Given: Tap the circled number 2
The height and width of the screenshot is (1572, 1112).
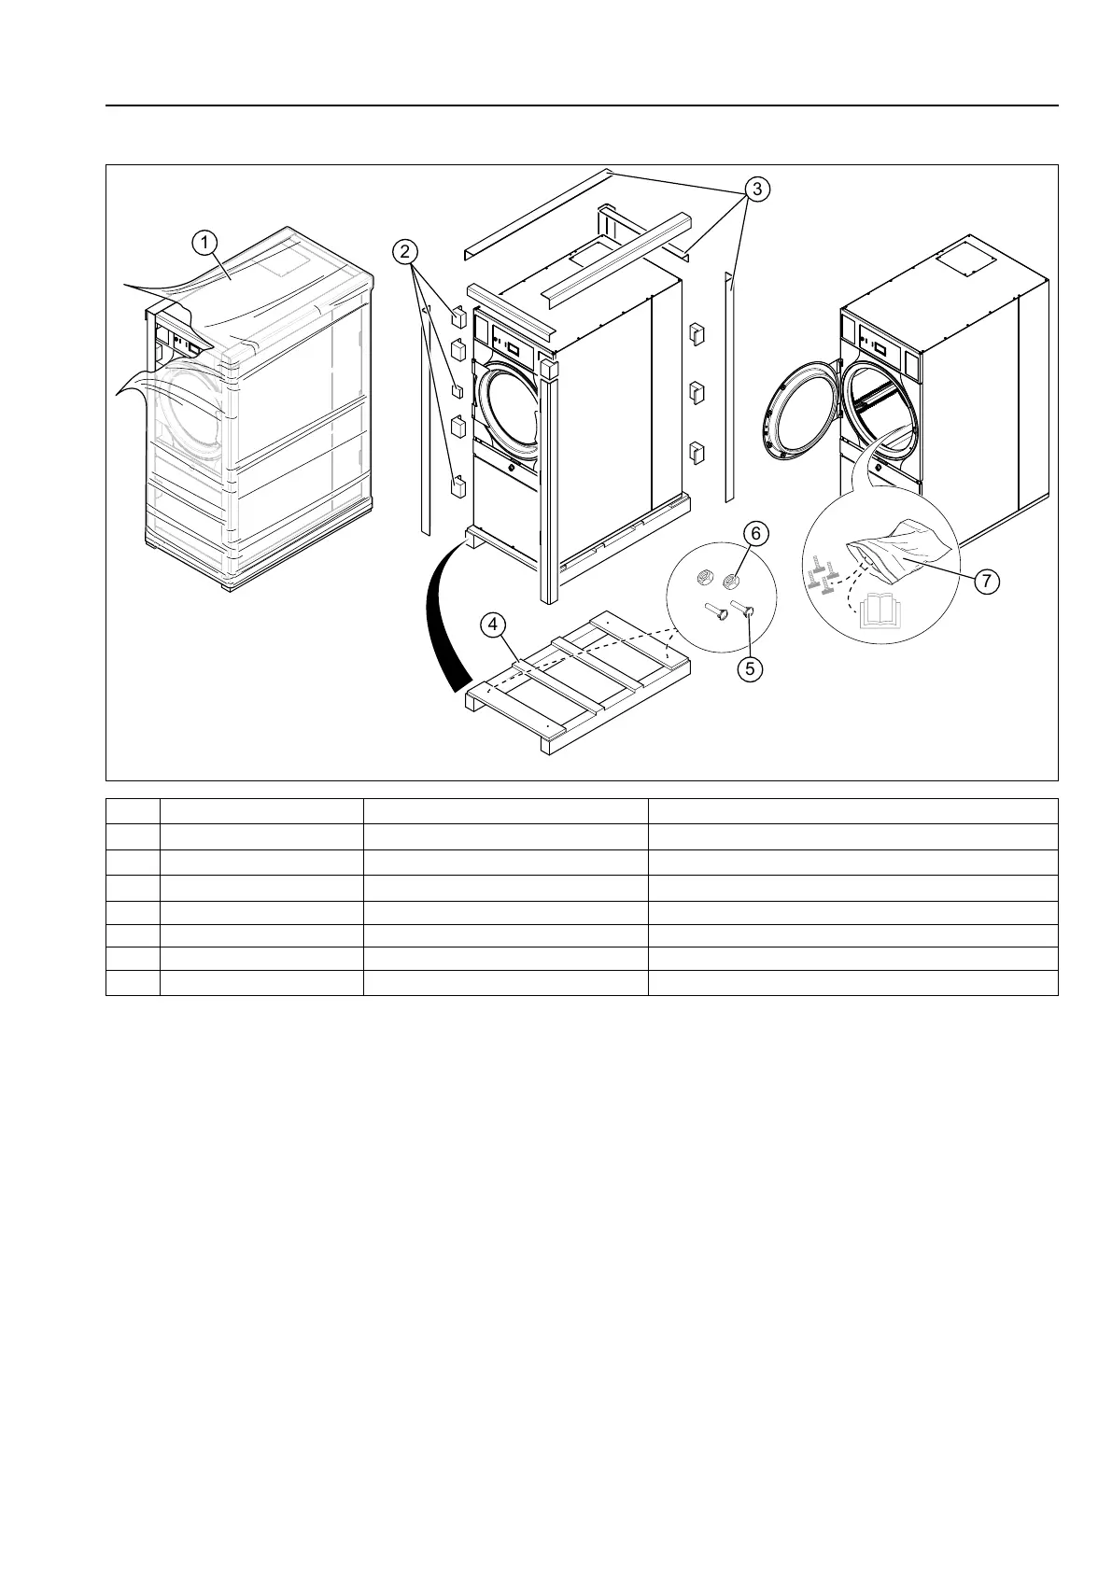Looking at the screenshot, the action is pos(403,251).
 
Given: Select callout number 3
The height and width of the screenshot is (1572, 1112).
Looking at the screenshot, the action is pos(758,189).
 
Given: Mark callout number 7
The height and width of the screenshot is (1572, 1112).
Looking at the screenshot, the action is pos(986,581).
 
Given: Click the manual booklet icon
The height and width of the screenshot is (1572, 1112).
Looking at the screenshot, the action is pos(880,612).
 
